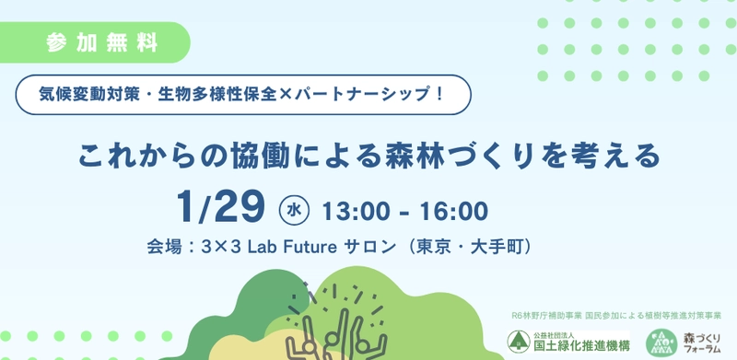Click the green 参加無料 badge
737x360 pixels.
(101, 42)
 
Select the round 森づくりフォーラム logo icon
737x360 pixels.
(660, 343)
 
